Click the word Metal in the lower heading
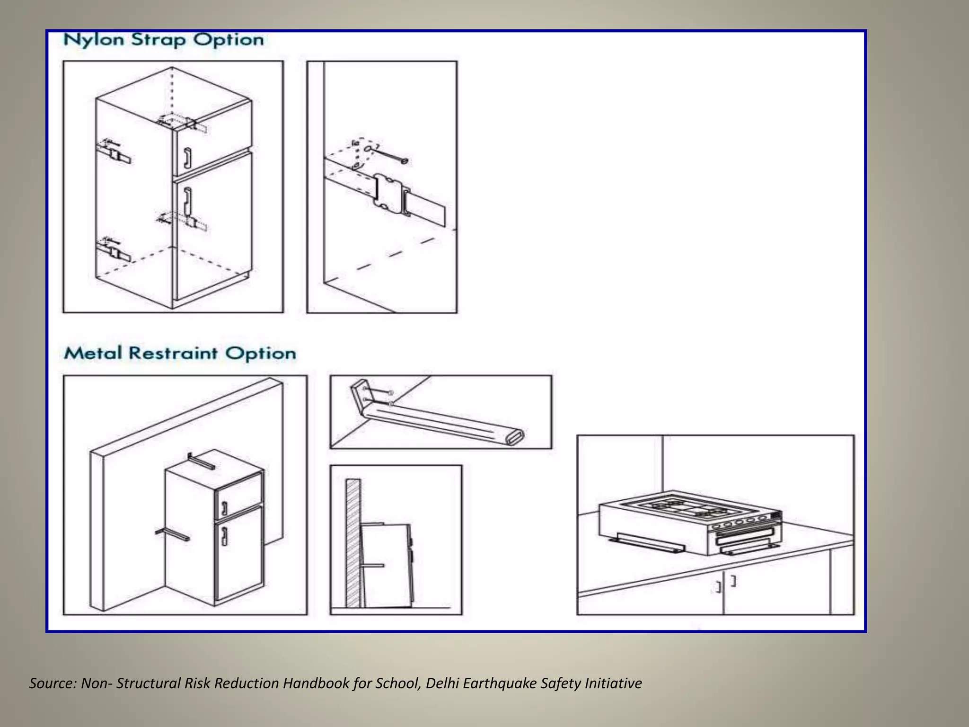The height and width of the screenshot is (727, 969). (x=93, y=353)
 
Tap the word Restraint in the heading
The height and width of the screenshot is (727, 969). (x=173, y=353)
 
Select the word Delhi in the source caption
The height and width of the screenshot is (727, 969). (x=442, y=683)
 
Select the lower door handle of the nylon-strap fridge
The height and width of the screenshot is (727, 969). (x=188, y=199)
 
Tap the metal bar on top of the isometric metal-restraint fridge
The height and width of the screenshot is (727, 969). (x=201, y=461)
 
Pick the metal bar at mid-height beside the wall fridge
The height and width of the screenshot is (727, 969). (x=172, y=535)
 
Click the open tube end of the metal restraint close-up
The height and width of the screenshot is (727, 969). (x=515, y=437)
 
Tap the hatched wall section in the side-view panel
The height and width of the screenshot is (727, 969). (x=353, y=544)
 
